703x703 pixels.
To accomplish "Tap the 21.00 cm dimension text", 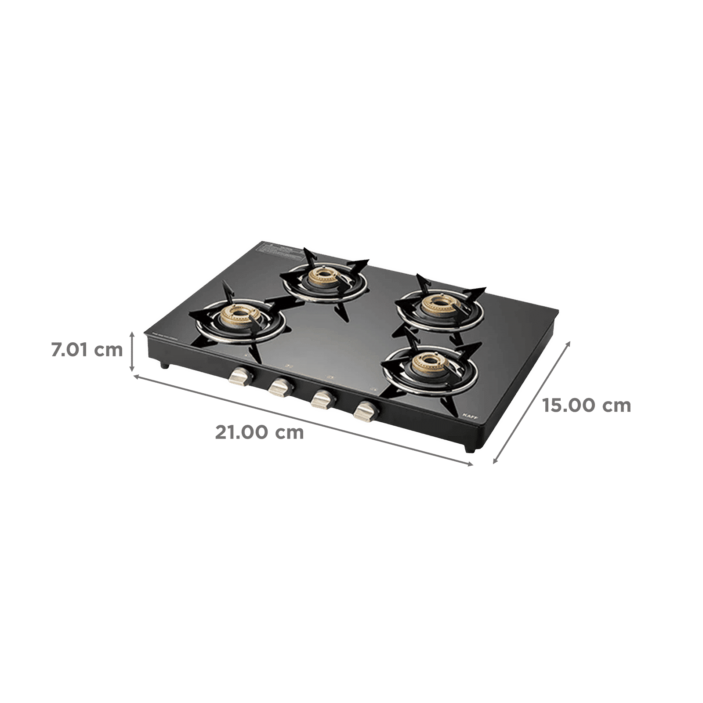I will (x=260, y=433).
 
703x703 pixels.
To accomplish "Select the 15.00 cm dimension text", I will (x=586, y=405).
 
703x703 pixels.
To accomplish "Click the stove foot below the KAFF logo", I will (x=471, y=449).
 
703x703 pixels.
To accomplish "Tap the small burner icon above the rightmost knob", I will (x=374, y=388).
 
